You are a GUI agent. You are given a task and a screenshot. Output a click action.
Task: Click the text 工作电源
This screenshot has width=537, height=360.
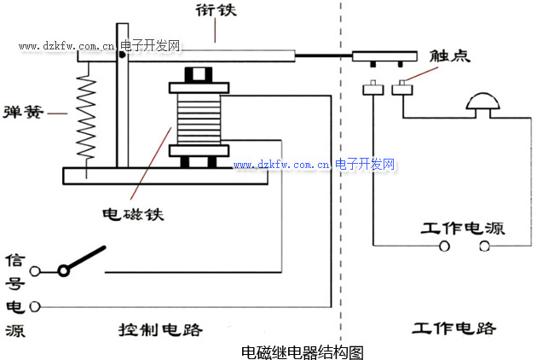(x=463, y=229)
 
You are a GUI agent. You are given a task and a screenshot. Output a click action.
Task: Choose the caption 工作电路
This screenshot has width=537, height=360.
(x=453, y=328)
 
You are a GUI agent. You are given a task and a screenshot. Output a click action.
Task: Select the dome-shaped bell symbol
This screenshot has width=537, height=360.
(x=484, y=105)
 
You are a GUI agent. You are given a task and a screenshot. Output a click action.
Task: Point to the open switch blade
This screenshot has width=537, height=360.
(x=85, y=259)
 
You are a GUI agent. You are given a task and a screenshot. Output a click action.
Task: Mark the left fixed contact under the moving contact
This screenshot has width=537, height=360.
(x=372, y=89)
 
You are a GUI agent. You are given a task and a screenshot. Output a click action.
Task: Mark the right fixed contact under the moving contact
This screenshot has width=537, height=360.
(x=400, y=89)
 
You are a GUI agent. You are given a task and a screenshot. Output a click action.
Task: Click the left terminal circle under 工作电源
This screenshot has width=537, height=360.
(x=443, y=247)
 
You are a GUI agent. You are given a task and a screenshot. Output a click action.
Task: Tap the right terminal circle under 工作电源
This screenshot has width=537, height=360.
(x=484, y=247)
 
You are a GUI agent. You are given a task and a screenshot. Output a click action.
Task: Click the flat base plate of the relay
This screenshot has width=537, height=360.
(x=170, y=175)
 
